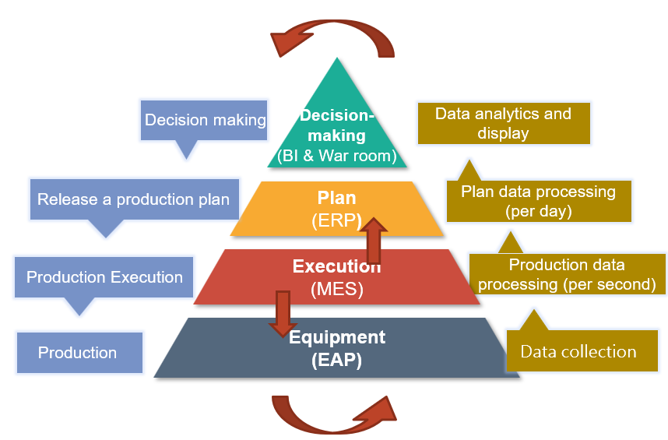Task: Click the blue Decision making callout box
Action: (x=205, y=121)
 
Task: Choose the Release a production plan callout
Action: (x=133, y=199)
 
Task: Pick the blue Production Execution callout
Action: (x=104, y=277)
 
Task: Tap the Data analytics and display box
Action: (x=503, y=123)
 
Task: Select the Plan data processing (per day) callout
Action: (x=538, y=200)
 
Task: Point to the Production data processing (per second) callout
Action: (x=567, y=274)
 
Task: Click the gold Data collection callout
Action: (x=578, y=352)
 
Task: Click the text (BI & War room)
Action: (x=337, y=155)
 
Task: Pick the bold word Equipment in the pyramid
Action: (x=337, y=337)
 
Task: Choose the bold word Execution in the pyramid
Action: (x=336, y=267)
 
